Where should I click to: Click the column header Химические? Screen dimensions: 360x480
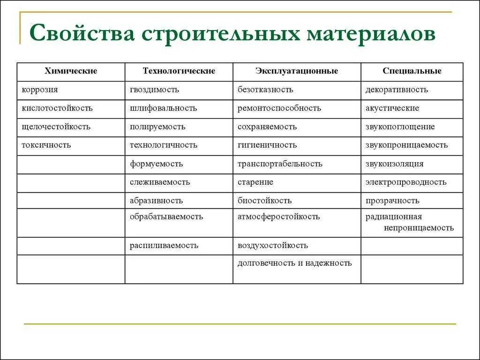(x=71, y=71)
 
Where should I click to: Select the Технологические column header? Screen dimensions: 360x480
(x=179, y=71)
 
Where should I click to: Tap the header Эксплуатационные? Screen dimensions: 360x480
(x=297, y=71)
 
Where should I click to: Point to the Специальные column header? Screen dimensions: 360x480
(x=412, y=71)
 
